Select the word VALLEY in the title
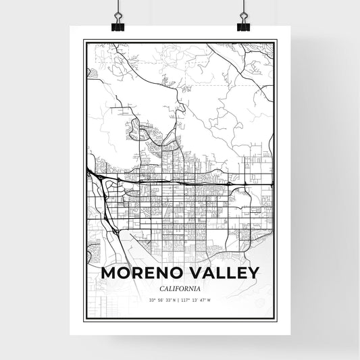pos(220,273)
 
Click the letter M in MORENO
pos(107,273)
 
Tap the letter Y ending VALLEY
pos(252,273)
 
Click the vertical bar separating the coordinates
pos(180,301)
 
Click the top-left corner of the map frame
pos(84,41)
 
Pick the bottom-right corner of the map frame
pos(275,317)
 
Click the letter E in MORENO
pos(145,273)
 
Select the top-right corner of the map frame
pos(275,41)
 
